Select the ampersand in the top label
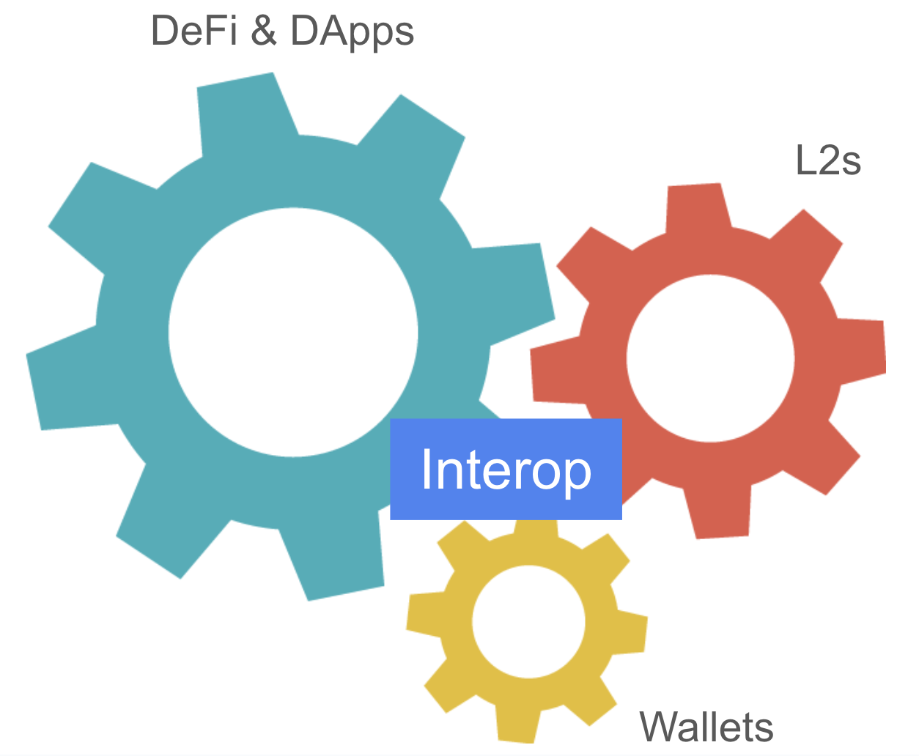(263, 31)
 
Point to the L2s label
(827, 160)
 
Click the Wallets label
(706, 727)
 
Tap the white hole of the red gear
(710, 358)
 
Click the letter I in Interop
(427, 469)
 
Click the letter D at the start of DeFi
(166, 31)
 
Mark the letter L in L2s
(805, 160)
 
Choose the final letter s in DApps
(404, 34)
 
